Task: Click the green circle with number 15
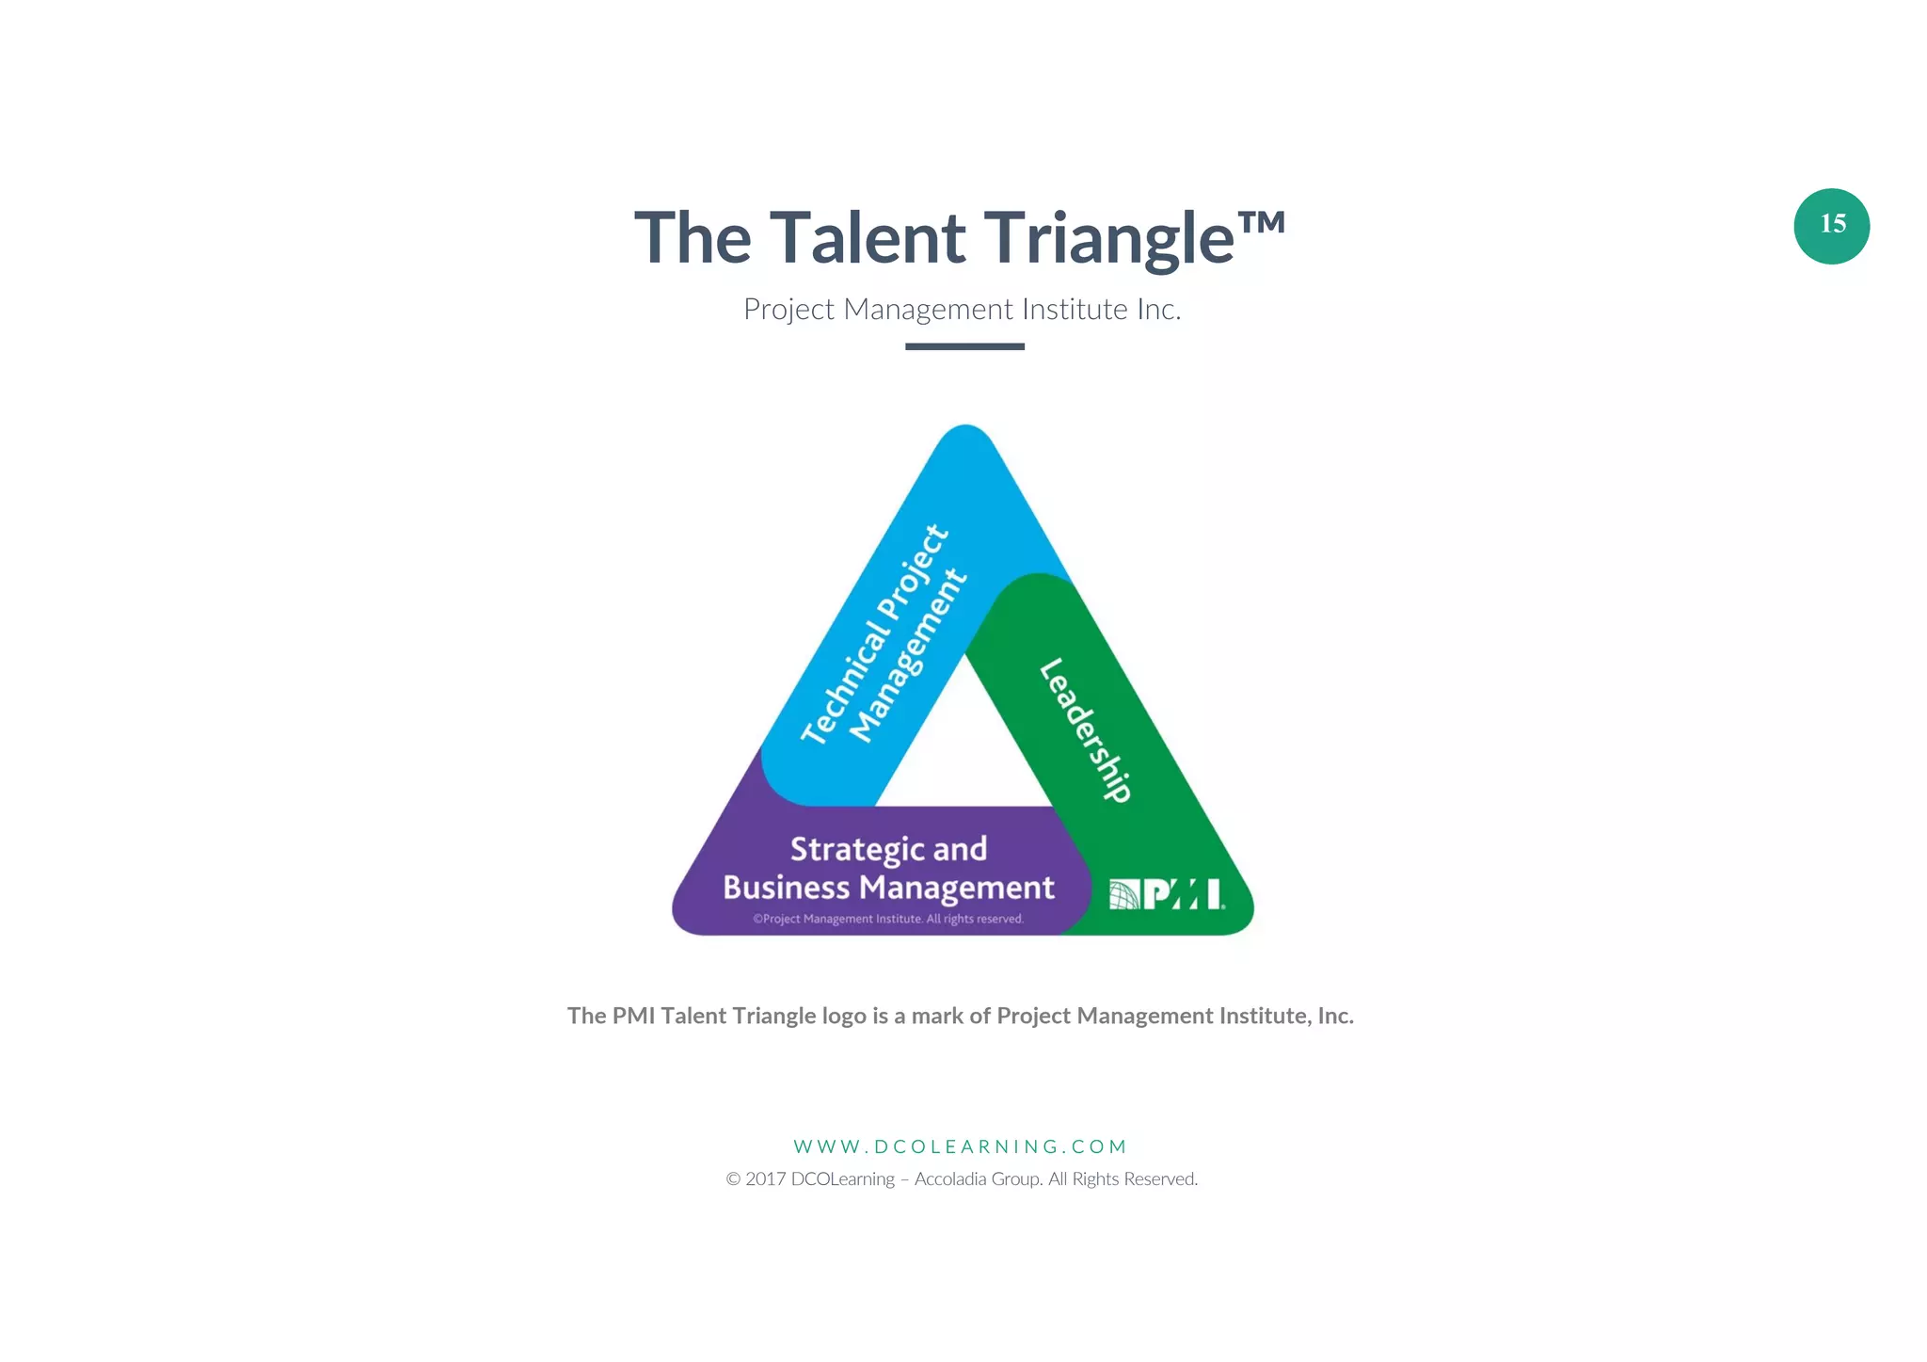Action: point(1831,226)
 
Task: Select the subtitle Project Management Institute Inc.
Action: point(962,309)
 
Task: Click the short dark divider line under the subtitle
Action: point(964,346)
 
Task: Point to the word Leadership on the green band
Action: point(1086,729)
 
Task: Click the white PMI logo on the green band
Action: point(1167,894)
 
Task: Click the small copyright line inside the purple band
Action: point(888,919)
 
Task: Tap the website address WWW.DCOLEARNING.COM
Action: point(960,1146)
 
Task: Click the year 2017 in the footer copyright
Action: point(765,1179)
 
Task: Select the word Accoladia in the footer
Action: point(950,1179)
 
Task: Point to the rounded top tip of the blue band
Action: point(965,442)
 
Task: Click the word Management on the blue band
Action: point(907,656)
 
